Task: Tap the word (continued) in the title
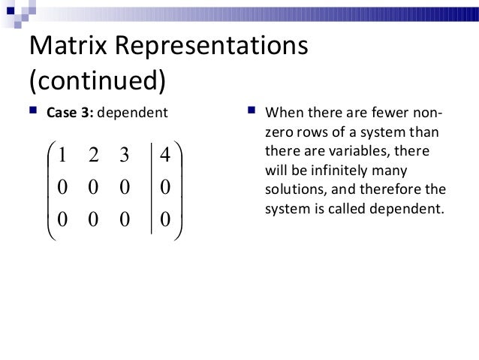tap(96, 80)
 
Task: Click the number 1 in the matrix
tap(63, 156)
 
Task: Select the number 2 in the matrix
tap(92, 156)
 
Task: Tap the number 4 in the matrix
tap(166, 156)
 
